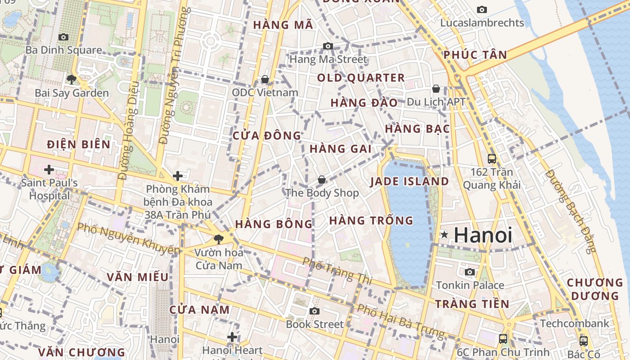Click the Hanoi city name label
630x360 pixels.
pyautogui.click(x=483, y=235)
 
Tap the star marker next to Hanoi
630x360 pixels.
pyautogui.click(x=444, y=234)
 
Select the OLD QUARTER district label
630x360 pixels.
pyautogui.click(x=361, y=78)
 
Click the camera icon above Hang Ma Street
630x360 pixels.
pyautogui.click(x=328, y=46)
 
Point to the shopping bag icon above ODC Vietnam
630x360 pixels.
pyautogui.click(x=265, y=80)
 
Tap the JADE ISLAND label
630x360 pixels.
pyautogui.click(x=409, y=181)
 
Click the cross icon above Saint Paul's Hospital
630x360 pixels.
pyautogui.click(x=49, y=170)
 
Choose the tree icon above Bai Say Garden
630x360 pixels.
pyautogui.click(x=71, y=80)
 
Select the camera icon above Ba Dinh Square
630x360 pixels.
pyautogui.click(x=63, y=37)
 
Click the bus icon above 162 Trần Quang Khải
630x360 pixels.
pyautogui.click(x=492, y=158)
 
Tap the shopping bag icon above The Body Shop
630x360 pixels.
pyautogui.click(x=322, y=180)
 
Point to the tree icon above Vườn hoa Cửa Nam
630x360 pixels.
pyautogui.click(x=219, y=239)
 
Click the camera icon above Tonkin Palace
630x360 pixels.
pyautogui.click(x=470, y=272)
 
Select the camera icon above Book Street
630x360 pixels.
pyautogui.click(x=315, y=311)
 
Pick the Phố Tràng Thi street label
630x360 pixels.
pyautogui.click(x=337, y=270)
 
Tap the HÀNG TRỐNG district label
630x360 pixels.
pyautogui.click(x=371, y=220)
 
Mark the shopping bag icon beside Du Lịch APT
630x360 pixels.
pyautogui.click(x=436, y=89)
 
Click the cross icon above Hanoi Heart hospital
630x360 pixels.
pyautogui.click(x=232, y=337)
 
